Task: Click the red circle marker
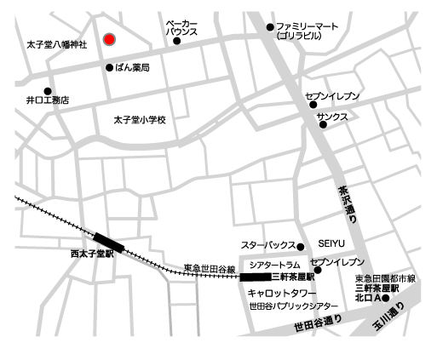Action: (109, 39)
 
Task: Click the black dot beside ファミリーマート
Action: (269, 27)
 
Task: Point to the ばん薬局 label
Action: (133, 67)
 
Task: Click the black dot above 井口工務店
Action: (48, 90)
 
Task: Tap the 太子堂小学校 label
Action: (140, 120)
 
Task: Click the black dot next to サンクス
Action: (323, 125)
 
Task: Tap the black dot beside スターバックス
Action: (300, 248)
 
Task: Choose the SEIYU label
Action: (331, 243)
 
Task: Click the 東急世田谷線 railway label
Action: (209, 269)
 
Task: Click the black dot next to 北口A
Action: (385, 297)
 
